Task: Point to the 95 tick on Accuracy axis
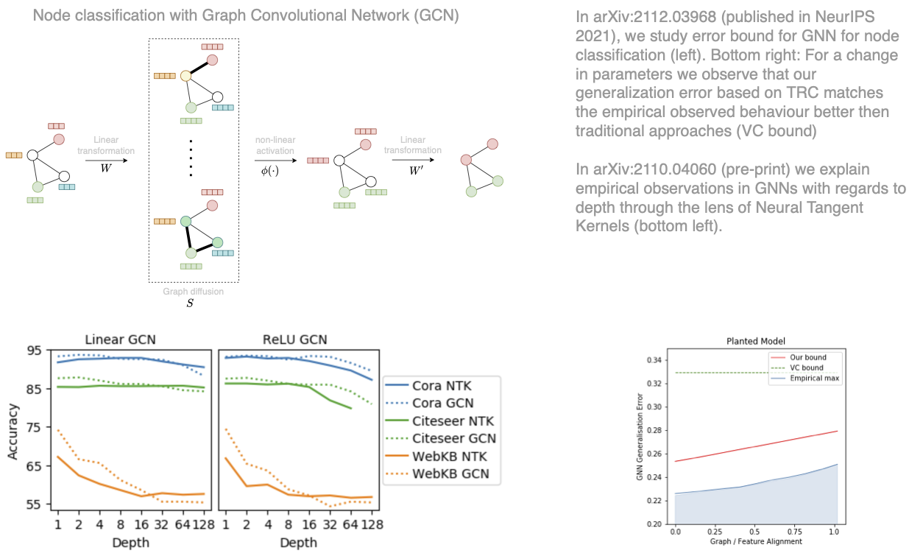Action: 35,351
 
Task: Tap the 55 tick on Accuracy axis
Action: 35,504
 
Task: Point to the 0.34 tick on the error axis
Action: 651,360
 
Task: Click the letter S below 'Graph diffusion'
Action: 190,303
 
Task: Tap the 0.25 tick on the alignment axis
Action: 712,531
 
